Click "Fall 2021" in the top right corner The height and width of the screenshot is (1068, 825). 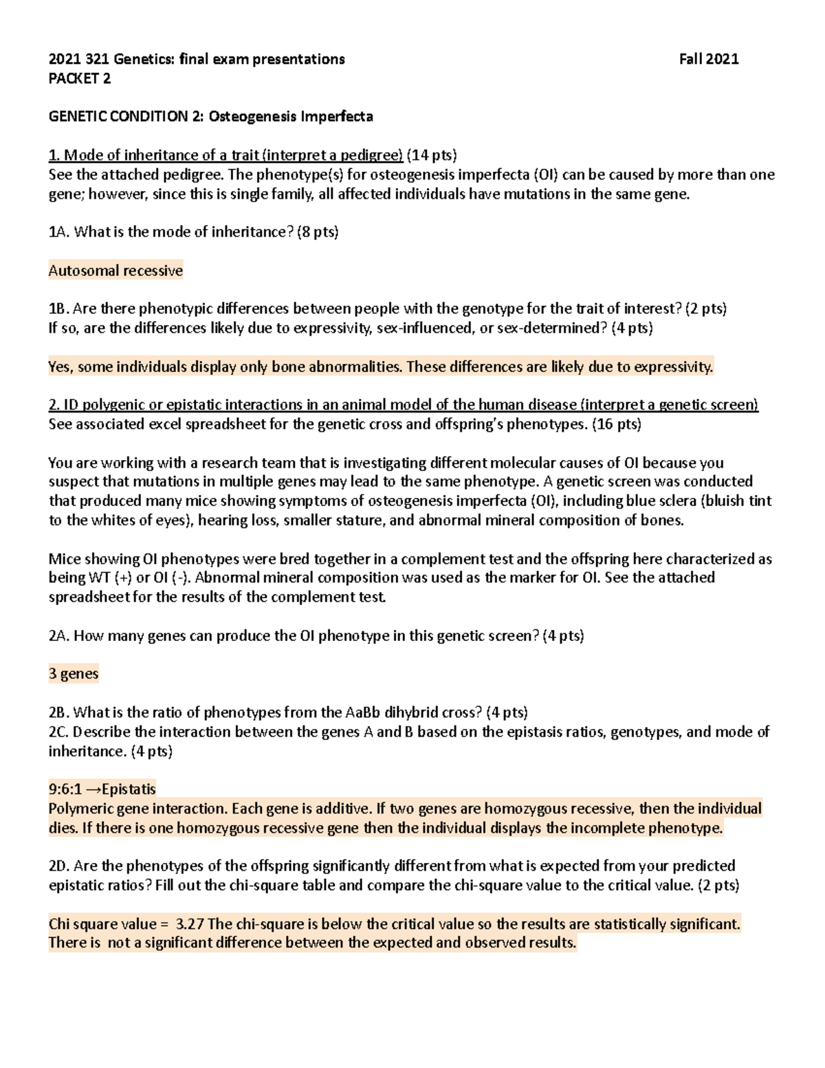pos(708,59)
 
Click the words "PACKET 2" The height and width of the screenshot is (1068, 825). pos(79,78)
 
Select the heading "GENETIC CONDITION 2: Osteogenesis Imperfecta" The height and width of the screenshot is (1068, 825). pos(210,116)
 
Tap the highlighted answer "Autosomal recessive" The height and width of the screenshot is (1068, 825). pos(115,271)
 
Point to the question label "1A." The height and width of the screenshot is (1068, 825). pos(59,232)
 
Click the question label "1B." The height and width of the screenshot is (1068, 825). pos(59,309)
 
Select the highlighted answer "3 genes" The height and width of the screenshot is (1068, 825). pos(74,674)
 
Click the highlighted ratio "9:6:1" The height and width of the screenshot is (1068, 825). pos(67,789)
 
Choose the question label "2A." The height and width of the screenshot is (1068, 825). pos(59,636)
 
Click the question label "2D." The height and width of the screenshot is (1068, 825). pos(60,866)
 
